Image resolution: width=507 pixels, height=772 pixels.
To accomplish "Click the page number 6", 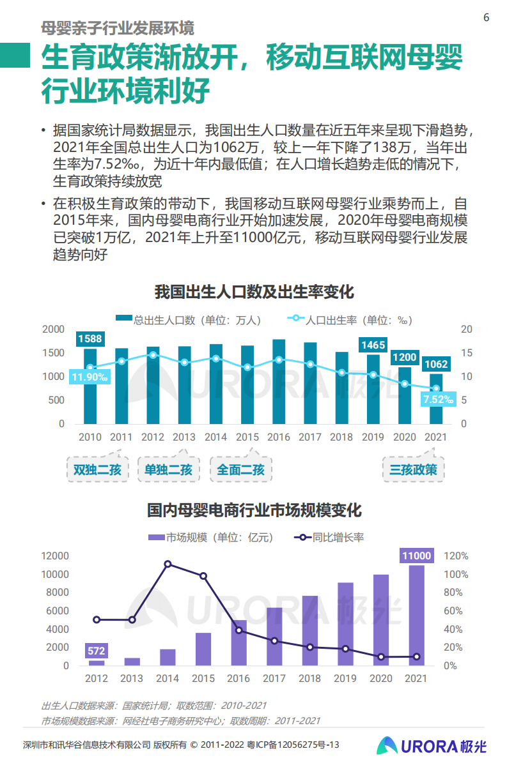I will [x=486, y=17].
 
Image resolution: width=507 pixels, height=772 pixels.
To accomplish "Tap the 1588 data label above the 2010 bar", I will [x=90, y=338].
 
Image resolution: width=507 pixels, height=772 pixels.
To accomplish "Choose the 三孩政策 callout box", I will [x=414, y=470].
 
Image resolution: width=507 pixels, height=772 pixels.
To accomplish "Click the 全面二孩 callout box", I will [x=240, y=470].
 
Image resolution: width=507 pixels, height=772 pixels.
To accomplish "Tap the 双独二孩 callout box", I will [x=97, y=470].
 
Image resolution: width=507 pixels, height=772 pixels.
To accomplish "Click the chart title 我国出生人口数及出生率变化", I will [x=254, y=292].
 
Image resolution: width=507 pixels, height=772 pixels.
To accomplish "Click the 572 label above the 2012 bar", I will [x=96, y=651].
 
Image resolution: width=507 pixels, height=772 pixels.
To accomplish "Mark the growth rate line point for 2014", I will [x=168, y=564].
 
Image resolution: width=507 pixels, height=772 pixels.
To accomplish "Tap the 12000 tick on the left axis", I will [x=55, y=556].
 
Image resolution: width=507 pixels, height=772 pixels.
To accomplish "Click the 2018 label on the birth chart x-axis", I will [x=341, y=437].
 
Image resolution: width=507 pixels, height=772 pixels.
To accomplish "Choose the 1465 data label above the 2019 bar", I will [x=373, y=345].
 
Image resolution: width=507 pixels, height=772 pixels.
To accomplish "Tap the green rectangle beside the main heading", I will [x=15, y=56].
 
